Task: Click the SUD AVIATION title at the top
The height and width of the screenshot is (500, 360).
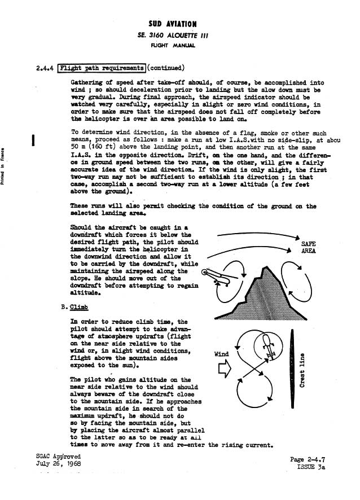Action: point(173,24)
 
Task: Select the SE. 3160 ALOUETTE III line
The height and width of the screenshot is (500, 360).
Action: point(173,34)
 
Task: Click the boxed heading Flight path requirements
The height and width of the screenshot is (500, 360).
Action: point(102,69)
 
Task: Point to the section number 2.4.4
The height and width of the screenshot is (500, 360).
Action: point(45,69)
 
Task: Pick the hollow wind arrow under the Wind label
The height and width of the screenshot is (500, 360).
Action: point(222,368)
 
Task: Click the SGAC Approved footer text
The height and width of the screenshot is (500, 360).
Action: point(58,456)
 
